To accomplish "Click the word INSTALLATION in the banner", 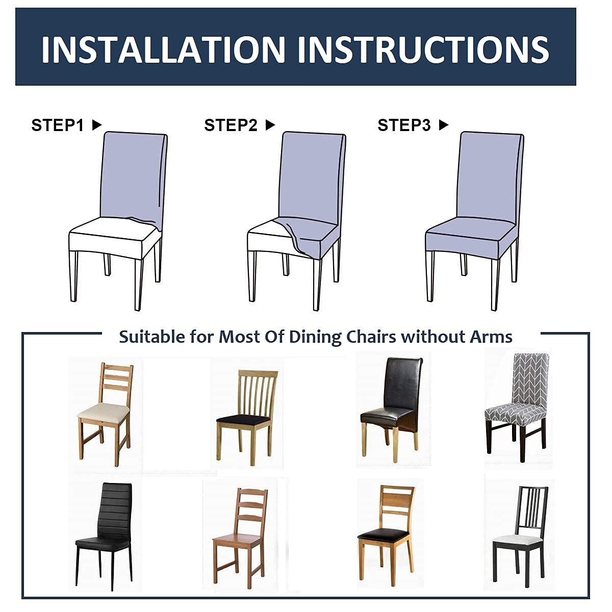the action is coord(163,50).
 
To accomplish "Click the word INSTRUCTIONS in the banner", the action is coord(423,50).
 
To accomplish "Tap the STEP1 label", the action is coord(58,125).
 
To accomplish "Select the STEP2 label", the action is coord(231,125).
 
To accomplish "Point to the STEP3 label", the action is coord(404,125).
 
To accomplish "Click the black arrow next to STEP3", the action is coord(443,125).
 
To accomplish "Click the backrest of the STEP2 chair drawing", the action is coord(312,178).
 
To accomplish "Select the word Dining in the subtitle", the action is coord(315,337).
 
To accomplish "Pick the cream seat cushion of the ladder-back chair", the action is coord(103,412).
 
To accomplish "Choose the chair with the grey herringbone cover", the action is coord(517,406).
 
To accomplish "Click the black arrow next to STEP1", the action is coord(97,125).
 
